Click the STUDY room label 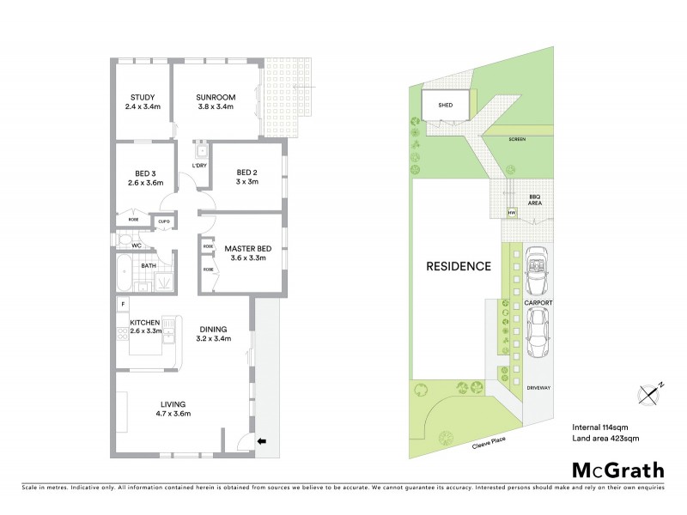tap(142, 96)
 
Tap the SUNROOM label tap(216, 96)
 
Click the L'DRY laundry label tap(198, 166)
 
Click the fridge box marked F tap(125, 305)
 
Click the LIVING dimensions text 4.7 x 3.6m tap(173, 414)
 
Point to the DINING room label tap(213, 328)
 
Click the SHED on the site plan tap(445, 106)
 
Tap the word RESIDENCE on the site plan tap(459, 266)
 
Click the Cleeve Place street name tap(489, 443)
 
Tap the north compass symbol tap(650, 394)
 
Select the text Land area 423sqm tap(605, 439)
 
